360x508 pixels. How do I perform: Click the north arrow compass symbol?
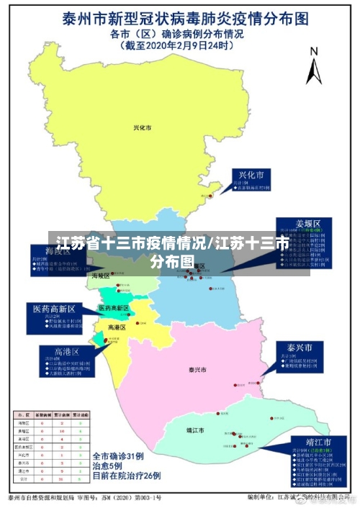313,65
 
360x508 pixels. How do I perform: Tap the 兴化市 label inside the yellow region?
143,127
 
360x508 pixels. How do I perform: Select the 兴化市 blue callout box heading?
251,175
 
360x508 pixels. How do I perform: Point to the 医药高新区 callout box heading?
51,308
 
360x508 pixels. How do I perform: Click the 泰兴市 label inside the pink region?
197,370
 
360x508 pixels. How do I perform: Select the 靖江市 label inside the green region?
194,430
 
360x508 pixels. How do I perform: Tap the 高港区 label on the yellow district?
117,327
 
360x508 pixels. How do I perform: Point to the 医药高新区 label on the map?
114,308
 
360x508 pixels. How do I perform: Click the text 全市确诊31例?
119,456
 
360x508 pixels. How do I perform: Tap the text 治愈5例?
108,466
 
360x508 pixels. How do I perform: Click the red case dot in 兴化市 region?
210,195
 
